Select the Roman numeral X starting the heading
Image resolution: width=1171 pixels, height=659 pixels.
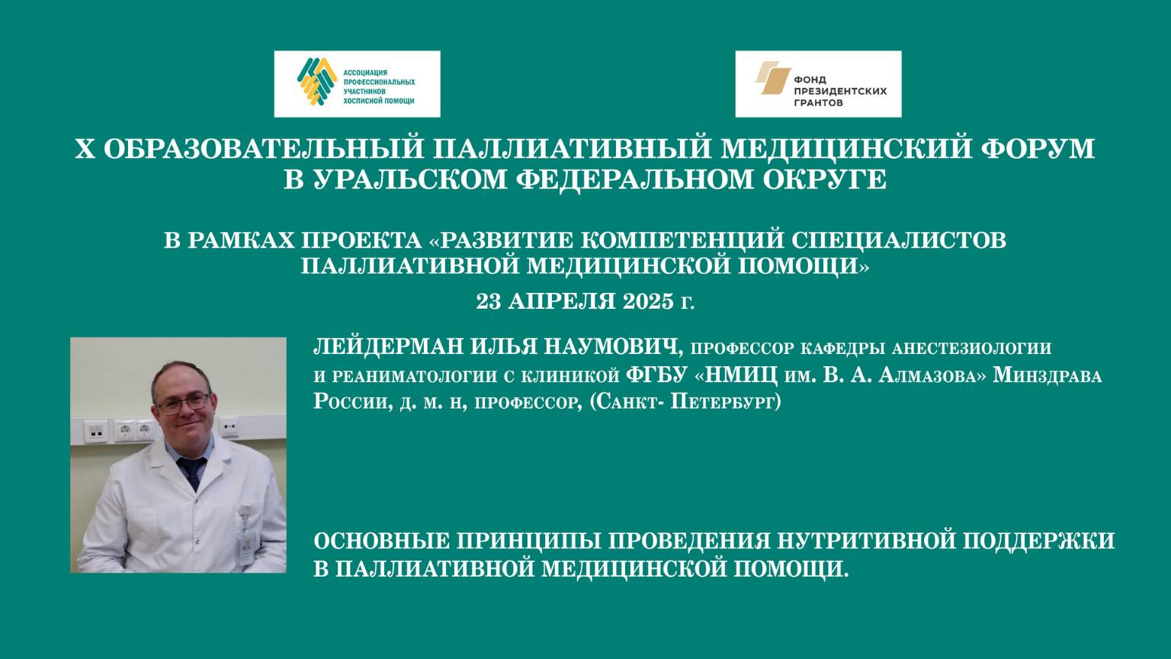coord(84,149)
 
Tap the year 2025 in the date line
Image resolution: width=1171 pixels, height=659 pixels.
coord(648,301)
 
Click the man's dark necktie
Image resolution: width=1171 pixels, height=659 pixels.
coord(192,473)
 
